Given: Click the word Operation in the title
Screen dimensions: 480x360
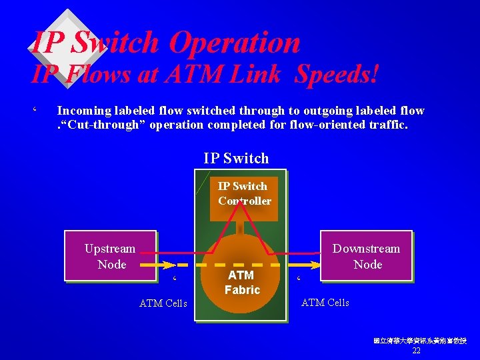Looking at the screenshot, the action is point(234,43).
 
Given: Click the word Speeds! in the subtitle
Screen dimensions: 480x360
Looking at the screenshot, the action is point(337,74).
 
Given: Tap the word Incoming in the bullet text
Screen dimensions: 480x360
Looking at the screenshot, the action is point(83,111).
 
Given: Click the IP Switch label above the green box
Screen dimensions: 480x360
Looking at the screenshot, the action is point(236,158).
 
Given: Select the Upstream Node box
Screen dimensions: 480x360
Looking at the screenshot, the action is point(110,256).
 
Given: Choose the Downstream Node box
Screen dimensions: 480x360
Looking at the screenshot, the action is point(366,256).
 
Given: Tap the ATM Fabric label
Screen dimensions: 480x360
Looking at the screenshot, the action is point(241,282).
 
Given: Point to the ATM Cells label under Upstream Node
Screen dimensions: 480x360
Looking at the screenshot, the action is point(163,304).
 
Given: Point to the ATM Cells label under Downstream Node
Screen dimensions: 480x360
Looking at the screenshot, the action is point(325,303).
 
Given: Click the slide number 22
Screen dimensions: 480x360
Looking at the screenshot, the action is point(417,350).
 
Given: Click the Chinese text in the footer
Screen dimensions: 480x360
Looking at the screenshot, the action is point(420,341).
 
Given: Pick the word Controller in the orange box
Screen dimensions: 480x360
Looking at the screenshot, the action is point(245,201).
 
